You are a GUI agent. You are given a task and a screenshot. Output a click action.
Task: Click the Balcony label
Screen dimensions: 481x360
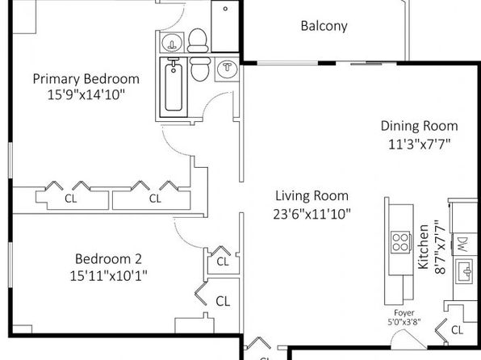point(324,26)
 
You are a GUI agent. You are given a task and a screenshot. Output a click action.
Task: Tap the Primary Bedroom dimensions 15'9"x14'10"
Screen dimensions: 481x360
point(86,94)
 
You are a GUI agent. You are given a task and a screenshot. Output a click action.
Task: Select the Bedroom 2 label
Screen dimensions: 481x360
point(108,259)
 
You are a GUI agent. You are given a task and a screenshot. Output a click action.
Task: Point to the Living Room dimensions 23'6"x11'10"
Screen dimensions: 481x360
point(312,214)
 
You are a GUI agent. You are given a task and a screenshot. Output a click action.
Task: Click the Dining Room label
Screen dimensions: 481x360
point(420,126)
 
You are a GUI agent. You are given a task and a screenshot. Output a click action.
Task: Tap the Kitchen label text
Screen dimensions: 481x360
point(424,247)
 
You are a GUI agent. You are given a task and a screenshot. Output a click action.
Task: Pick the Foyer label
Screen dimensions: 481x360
point(404,313)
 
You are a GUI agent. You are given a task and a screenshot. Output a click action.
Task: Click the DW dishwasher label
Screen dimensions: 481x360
point(463,245)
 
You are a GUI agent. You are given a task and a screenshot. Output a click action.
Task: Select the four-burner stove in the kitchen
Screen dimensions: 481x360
point(400,242)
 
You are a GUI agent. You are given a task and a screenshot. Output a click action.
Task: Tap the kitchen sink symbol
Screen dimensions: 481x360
point(464,271)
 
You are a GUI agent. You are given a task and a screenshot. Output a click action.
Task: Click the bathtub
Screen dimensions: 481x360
point(174,87)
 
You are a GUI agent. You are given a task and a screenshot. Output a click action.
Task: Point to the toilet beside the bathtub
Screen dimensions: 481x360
point(200,69)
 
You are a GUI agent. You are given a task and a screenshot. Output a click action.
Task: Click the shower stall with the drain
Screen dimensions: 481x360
point(225,27)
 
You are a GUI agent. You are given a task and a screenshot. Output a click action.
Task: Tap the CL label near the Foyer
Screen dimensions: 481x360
point(457,330)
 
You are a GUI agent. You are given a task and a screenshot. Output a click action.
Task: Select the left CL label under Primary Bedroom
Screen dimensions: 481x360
point(70,199)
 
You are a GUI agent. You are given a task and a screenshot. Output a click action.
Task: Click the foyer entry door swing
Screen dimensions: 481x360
point(408,339)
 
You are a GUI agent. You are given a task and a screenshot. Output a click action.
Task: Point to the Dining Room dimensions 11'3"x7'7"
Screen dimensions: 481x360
point(420,144)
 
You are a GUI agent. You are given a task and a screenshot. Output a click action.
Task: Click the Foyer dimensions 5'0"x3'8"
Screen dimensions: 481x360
point(404,322)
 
